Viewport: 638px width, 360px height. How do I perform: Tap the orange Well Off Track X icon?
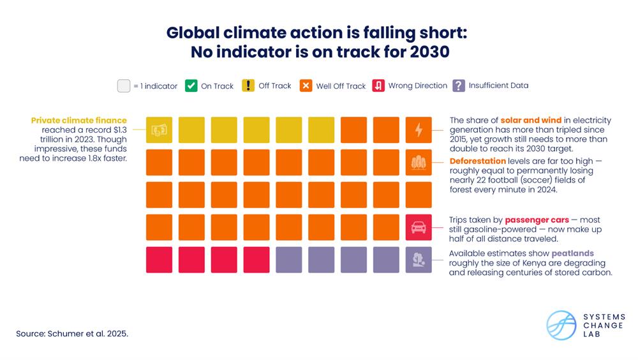tap(306, 86)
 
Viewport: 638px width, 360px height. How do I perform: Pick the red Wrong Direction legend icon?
tap(378, 86)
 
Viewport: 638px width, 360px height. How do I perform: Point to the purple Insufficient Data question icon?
tap(458, 86)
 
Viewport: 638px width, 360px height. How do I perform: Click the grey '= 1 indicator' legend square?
tap(124, 86)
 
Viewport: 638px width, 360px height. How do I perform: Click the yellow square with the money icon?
tap(159, 130)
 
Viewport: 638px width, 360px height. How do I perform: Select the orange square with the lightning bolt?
tap(419, 130)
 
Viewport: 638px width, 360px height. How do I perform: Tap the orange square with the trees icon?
tap(419, 162)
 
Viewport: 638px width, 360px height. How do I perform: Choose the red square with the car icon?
tap(419, 227)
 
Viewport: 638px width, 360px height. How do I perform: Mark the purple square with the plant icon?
tap(419, 260)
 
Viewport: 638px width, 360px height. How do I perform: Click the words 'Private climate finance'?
tap(79, 120)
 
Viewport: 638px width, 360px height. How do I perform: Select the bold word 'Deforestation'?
tap(478, 161)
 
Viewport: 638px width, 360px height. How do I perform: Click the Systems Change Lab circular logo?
tap(561, 325)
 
